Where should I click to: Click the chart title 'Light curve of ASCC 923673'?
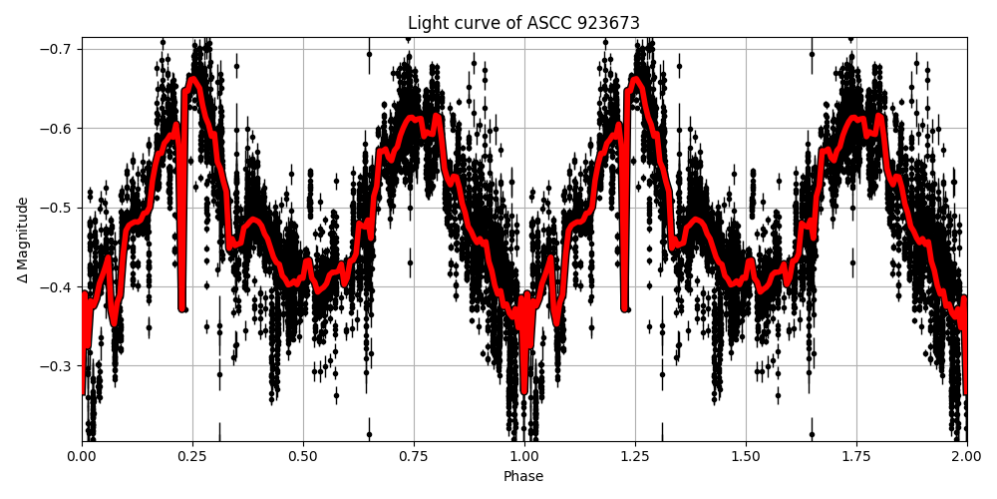click(x=523, y=23)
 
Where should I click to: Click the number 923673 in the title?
click(x=607, y=23)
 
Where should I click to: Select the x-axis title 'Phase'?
click(x=523, y=477)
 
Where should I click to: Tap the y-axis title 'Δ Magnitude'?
click(x=22, y=240)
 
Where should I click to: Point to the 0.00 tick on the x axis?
click(x=82, y=456)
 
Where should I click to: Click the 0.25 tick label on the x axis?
click(x=192, y=456)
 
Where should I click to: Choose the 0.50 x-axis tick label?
click(x=303, y=456)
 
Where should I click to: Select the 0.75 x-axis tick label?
click(x=414, y=456)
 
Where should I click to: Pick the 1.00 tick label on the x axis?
click(x=524, y=456)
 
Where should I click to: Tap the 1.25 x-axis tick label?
click(x=635, y=456)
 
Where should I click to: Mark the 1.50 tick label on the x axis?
click(x=746, y=456)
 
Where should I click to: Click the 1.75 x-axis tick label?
click(x=856, y=456)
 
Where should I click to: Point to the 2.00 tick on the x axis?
click(x=966, y=456)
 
